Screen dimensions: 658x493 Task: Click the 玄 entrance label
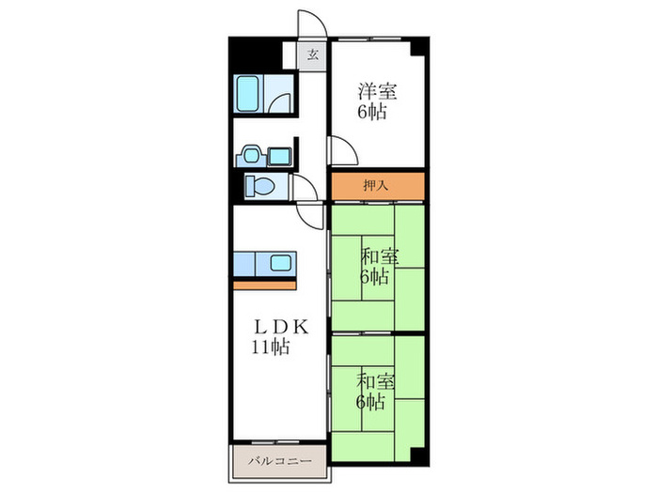pyautogui.click(x=313, y=54)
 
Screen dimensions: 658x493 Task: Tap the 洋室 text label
pyautogui.click(x=377, y=91)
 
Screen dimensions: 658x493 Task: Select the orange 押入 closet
pyautogui.click(x=378, y=186)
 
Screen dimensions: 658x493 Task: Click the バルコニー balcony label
pyautogui.click(x=279, y=461)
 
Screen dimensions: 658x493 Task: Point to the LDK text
pyautogui.click(x=280, y=328)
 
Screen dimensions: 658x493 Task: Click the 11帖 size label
pyautogui.click(x=271, y=347)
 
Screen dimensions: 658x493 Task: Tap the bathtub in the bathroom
pyautogui.click(x=247, y=94)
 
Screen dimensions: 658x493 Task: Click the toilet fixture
pyautogui.click(x=259, y=185)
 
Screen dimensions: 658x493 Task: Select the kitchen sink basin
pyautogui.click(x=280, y=263)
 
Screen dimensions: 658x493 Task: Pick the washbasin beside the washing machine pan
pyautogui.click(x=251, y=156)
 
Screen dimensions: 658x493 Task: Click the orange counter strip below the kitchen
pyautogui.click(x=265, y=285)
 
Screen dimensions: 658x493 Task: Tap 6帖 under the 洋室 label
pyautogui.click(x=372, y=112)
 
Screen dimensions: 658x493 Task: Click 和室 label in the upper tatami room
pyautogui.click(x=380, y=256)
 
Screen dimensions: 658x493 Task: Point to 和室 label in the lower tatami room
pyautogui.click(x=376, y=382)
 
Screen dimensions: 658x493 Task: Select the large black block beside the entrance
pyautogui.click(x=255, y=55)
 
